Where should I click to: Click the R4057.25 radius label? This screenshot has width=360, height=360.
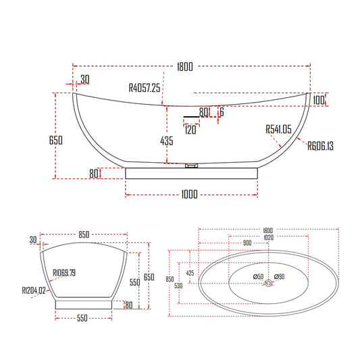pyautogui.click(x=144, y=88)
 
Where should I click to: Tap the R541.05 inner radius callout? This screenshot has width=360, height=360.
pyautogui.click(x=278, y=129)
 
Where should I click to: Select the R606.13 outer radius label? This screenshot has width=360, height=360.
pyautogui.click(x=321, y=146)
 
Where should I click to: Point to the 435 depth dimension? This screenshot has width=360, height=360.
pyautogui.click(x=167, y=140)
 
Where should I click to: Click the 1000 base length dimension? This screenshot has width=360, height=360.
pyautogui.click(x=189, y=195)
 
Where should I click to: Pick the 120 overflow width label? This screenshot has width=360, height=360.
pyautogui.click(x=190, y=130)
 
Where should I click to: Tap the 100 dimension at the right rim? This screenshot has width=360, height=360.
pyautogui.click(x=319, y=100)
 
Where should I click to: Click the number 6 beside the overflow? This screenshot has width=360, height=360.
pyautogui.click(x=222, y=112)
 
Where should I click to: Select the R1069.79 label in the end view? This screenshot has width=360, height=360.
pyautogui.click(x=64, y=273)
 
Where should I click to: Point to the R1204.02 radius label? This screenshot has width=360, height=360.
pyautogui.click(x=34, y=290)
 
